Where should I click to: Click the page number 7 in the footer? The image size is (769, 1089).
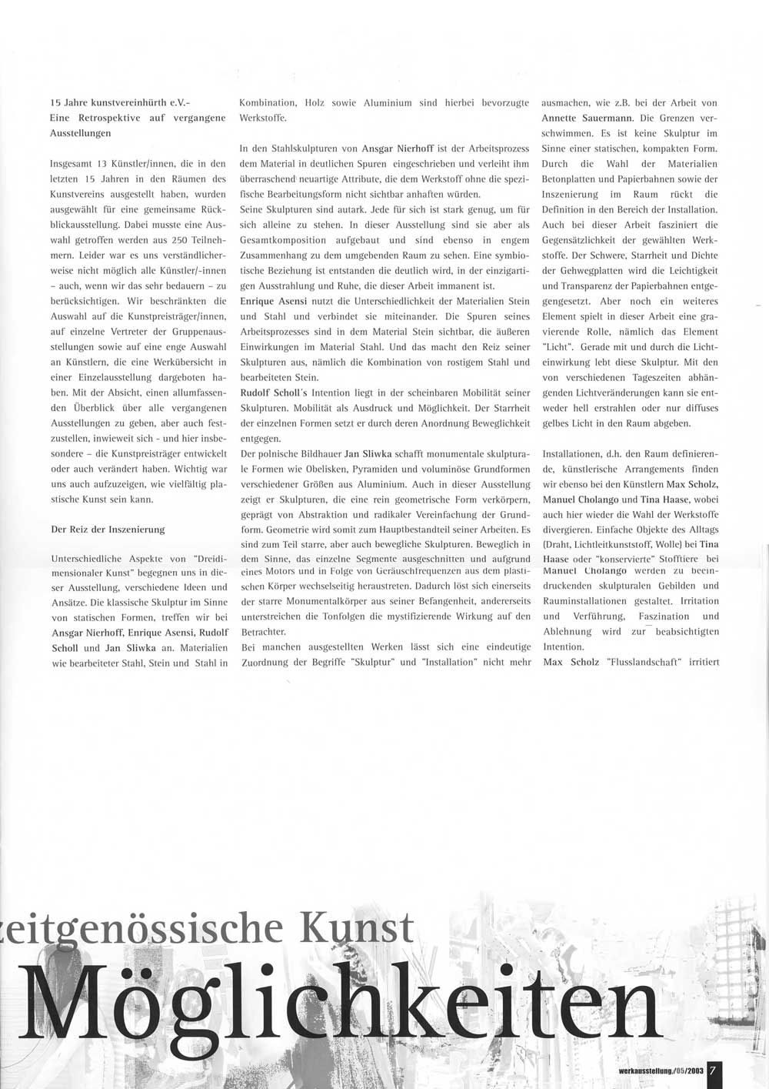click(x=714, y=1071)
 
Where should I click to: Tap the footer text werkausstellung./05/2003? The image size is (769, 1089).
click(x=661, y=1071)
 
